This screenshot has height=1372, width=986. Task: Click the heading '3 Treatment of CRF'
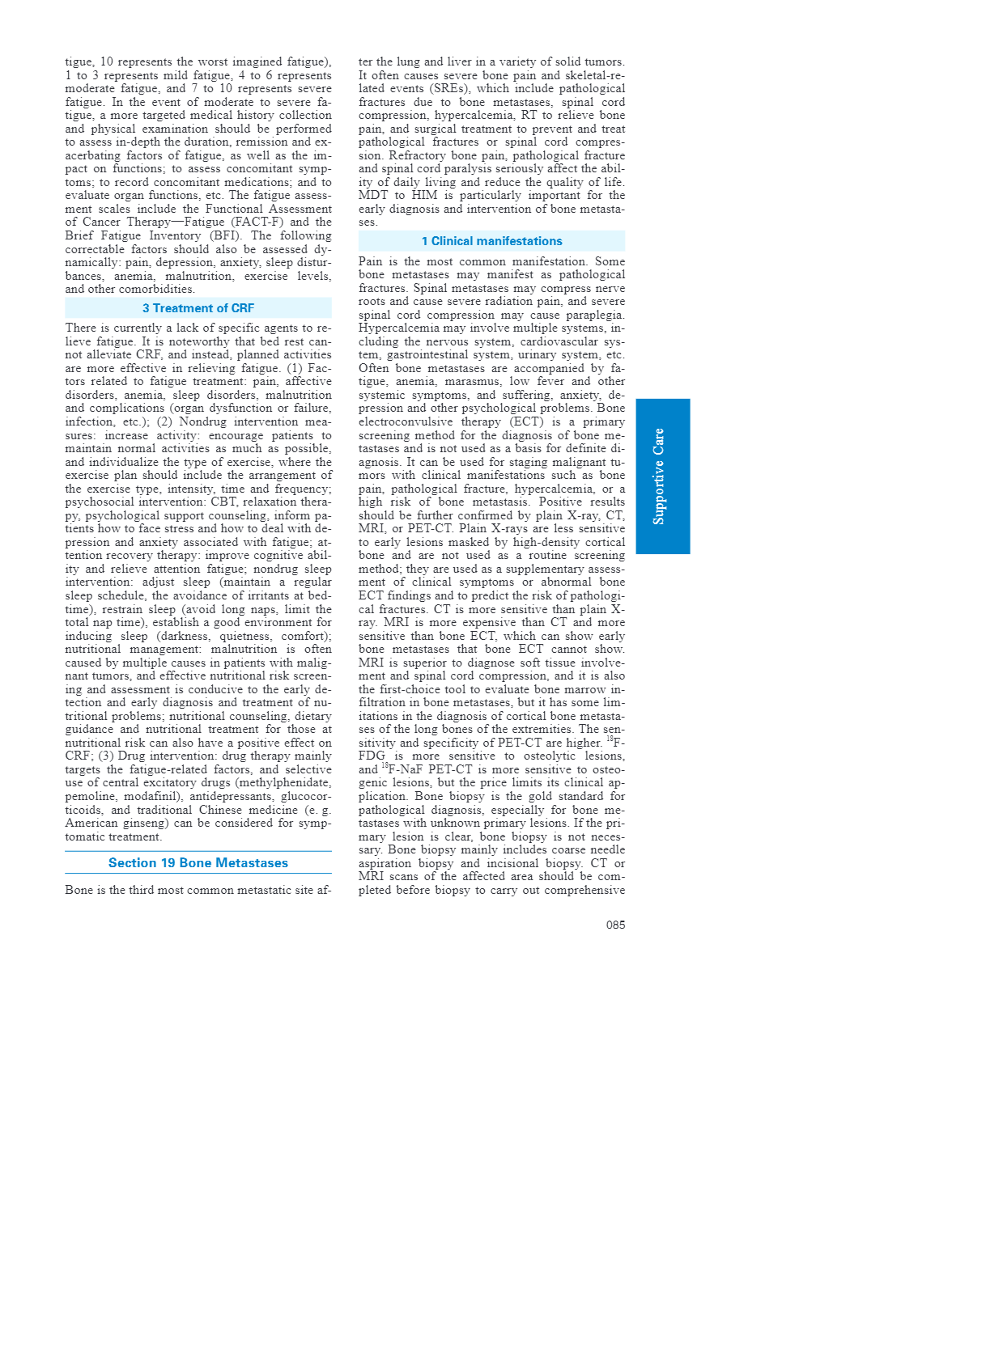click(x=198, y=308)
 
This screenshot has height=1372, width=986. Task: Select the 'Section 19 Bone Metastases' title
click(x=198, y=863)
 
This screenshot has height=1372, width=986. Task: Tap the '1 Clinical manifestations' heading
click(x=491, y=241)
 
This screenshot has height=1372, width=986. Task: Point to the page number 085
click(x=615, y=925)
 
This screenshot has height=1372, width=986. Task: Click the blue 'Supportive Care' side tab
click(x=662, y=476)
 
